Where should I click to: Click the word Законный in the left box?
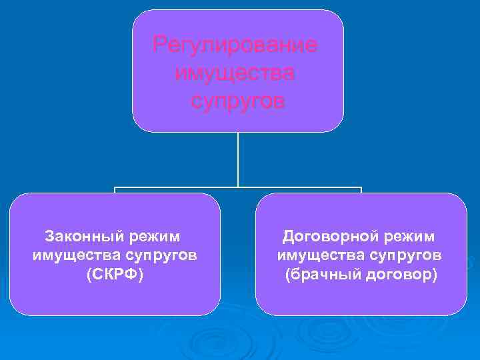[x=76, y=236]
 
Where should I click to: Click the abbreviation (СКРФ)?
[x=115, y=275]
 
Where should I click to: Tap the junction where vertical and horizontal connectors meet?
[x=238, y=187]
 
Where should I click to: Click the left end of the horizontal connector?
[x=115, y=188]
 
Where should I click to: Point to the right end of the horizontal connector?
[x=361, y=188]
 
